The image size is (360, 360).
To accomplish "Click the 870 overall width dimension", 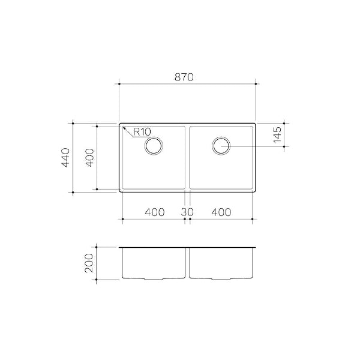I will pyautogui.click(x=187, y=77).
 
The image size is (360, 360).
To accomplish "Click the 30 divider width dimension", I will pyautogui.click(x=187, y=212).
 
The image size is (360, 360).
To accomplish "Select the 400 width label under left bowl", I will pyautogui.click(x=154, y=212).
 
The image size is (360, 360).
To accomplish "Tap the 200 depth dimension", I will pyautogui.click(x=89, y=263).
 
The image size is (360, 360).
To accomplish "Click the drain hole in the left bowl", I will pyautogui.click(x=154, y=146).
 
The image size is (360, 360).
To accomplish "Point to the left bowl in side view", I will pyautogui.click(x=153, y=263).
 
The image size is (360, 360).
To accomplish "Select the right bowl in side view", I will pyautogui.click(x=221, y=263).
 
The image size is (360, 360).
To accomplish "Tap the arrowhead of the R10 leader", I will pyautogui.click(x=124, y=128).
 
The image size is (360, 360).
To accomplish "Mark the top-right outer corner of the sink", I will pyautogui.click(x=256, y=124).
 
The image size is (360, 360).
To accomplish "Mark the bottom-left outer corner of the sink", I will pyautogui.click(x=119, y=193).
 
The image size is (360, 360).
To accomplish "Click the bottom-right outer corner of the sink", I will pyautogui.click(x=256, y=193).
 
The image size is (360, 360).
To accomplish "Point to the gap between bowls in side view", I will pyautogui.click(x=187, y=264).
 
